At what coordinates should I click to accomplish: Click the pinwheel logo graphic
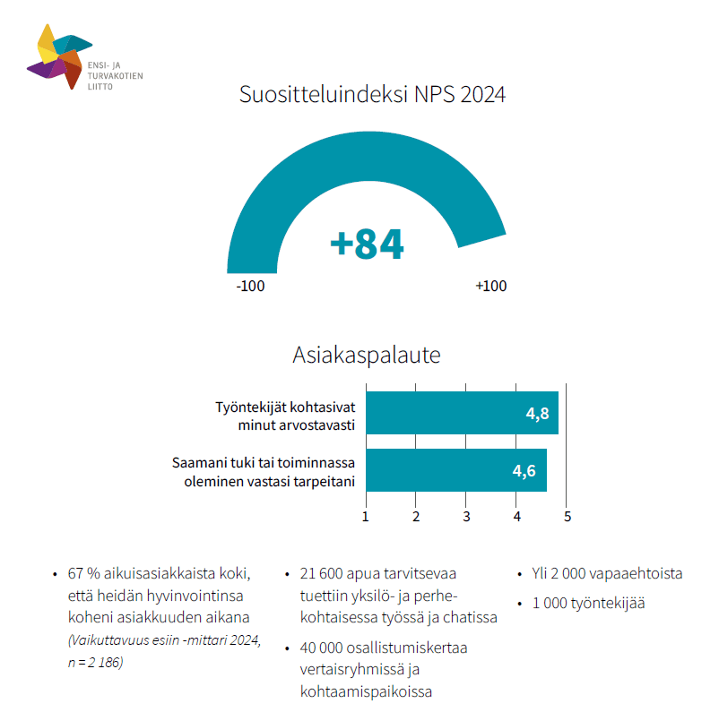click(60, 56)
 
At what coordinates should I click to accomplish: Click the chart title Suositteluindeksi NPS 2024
click(372, 94)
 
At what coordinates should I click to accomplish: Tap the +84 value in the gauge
click(367, 244)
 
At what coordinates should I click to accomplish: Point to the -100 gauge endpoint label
click(250, 287)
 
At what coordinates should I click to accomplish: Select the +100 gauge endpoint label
click(490, 287)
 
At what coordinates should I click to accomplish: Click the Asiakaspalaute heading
click(367, 355)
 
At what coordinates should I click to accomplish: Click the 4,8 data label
click(537, 414)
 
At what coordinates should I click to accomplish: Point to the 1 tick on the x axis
click(366, 516)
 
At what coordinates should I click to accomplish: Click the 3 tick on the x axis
click(467, 516)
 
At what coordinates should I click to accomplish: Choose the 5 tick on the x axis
click(567, 516)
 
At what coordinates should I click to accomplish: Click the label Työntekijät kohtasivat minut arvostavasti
click(285, 415)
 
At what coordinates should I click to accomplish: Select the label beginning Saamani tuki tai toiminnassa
click(264, 472)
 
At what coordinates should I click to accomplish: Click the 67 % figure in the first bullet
click(82, 574)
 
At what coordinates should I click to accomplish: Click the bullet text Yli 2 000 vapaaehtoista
click(607, 574)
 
